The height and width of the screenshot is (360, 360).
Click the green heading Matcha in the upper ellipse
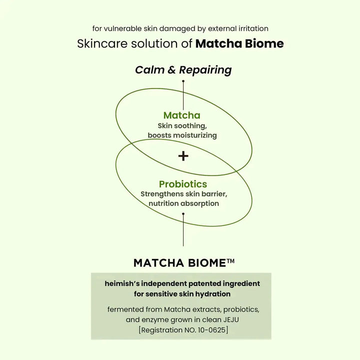pyautogui.click(x=181, y=115)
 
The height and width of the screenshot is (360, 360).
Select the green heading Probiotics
pyautogui.click(x=183, y=184)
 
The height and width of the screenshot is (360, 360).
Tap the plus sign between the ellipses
pyautogui.click(x=183, y=156)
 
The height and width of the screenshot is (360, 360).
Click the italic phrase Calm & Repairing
pyautogui.click(x=183, y=70)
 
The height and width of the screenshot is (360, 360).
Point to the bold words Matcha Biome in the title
pyautogui.click(x=239, y=43)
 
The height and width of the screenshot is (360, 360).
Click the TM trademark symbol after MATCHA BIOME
pyautogui.click(x=231, y=261)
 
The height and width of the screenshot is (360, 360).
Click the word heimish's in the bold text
pyautogui.click(x=123, y=283)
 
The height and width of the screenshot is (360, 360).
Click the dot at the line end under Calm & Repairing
pyautogui.click(x=183, y=80)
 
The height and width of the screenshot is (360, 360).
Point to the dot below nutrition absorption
pyautogui.click(x=183, y=214)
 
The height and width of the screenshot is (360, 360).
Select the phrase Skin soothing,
pyautogui.click(x=181, y=126)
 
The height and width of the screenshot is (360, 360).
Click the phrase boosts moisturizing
pyautogui.click(x=182, y=135)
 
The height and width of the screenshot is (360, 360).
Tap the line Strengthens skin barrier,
pyautogui.click(x=183, y=194)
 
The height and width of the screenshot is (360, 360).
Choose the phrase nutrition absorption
pyautogui.click(x=183, y=203)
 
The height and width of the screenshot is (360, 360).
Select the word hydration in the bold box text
pyautogui.click(x=213, y=293)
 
